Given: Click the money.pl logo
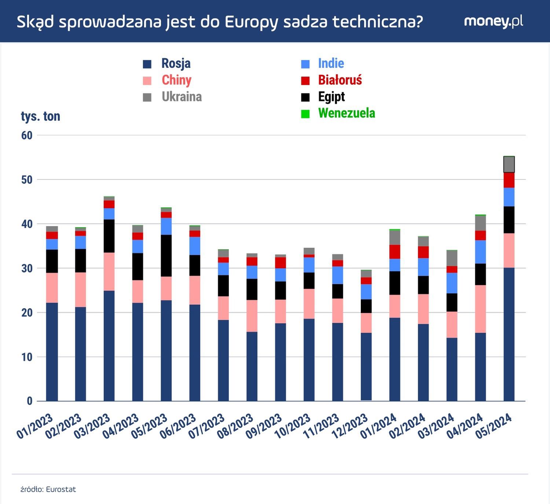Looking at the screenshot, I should (x=493, y=21).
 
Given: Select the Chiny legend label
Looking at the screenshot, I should (x=176, y=80).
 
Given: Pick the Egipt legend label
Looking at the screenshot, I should (x=331, y=97).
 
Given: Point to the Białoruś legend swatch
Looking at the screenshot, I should (x=305, y=80).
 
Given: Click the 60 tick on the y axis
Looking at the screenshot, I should (x=27, y=135).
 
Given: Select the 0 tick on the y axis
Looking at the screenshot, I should (x=29, y=401).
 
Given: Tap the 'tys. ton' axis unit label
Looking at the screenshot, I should (x=40, y=116).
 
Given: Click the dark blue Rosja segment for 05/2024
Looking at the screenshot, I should (x=509, y=334).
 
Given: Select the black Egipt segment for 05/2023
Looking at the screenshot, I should (x=166, y=255).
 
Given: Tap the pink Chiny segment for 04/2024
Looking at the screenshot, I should (x=480, y=309).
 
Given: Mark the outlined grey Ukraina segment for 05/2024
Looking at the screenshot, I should (x=509, y=165).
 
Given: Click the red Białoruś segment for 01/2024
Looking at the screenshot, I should (x=395, y=252).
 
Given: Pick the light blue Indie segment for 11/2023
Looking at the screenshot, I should (x=338, y=275).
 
